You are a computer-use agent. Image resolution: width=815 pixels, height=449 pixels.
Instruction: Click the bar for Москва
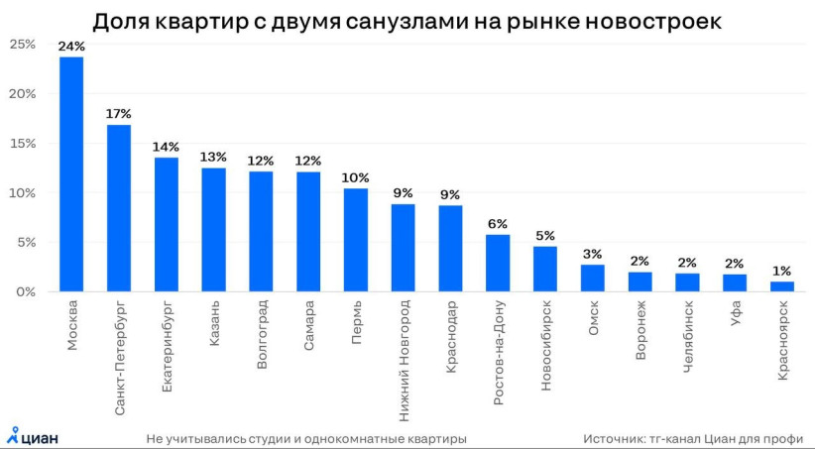tap(71, 174)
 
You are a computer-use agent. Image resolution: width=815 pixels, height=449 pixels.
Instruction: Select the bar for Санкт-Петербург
tap(119, 208)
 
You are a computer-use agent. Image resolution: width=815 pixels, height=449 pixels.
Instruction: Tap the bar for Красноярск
tap(782, 286)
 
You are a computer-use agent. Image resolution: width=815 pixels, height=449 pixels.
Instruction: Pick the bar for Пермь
tap(356, 240)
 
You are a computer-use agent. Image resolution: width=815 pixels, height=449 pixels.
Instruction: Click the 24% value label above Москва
tap(71, 47)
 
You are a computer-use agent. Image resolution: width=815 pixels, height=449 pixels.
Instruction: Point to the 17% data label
tap(119, 114)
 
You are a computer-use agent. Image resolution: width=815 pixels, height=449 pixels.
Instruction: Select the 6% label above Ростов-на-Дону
tap(498, 224)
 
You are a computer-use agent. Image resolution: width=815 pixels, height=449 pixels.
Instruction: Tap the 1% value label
tap(782, 271)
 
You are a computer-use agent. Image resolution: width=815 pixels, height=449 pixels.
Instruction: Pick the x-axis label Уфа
tap(735, 324)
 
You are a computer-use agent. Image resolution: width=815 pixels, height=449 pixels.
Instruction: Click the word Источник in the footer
tap(613, 437)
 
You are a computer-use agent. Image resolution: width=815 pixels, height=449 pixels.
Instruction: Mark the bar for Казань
tap(214, 230)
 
